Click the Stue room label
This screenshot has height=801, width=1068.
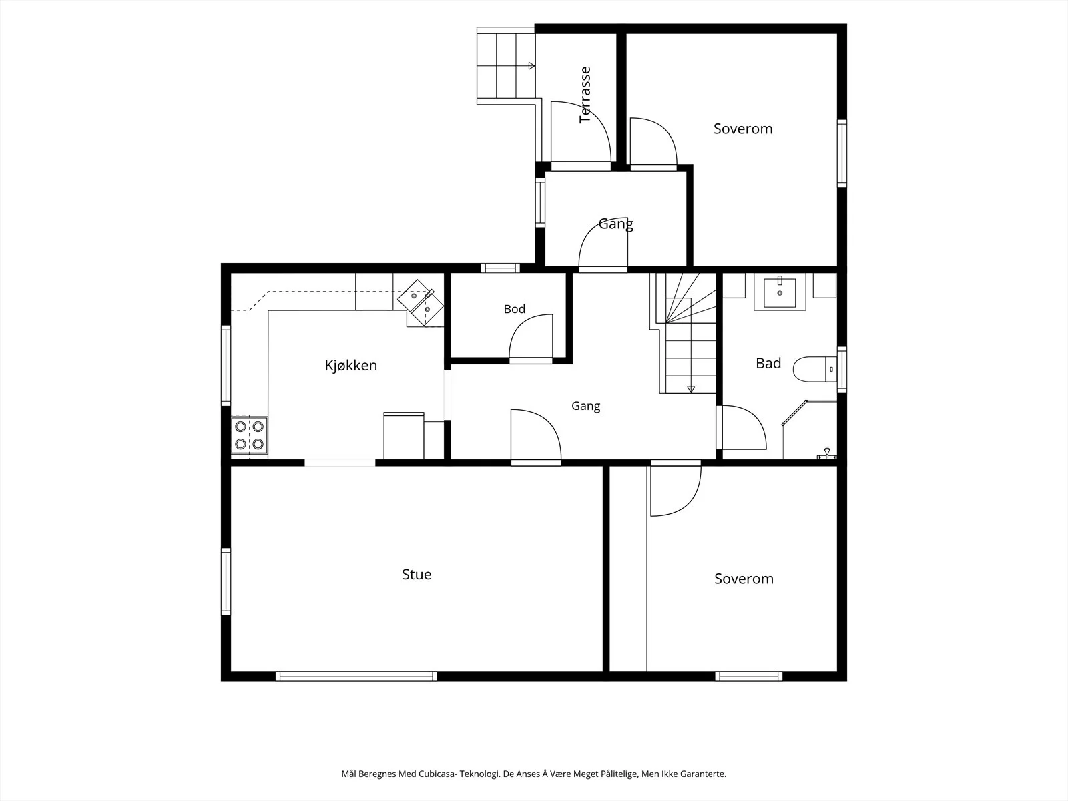(417, 574)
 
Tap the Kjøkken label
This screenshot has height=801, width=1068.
(351, 365)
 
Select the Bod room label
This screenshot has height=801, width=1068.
(514, 309)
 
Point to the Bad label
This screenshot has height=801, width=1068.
(768, 363)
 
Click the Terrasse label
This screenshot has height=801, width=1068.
(585, 95)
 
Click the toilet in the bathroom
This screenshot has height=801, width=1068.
(815, 370)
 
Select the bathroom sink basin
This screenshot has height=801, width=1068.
(780, 293)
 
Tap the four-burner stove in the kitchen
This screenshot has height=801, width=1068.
(249, 435)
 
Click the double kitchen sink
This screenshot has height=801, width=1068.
(421, 302)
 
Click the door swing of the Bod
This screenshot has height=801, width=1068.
(531, 336)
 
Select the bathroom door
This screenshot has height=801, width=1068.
(742, 427)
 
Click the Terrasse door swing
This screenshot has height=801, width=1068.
(581, 131)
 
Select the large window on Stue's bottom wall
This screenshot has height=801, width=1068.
(356, 676)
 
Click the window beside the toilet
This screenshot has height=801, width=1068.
(842, 370)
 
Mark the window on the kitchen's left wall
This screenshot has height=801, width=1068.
(226, 365)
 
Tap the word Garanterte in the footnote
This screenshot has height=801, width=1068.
(703, 774)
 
